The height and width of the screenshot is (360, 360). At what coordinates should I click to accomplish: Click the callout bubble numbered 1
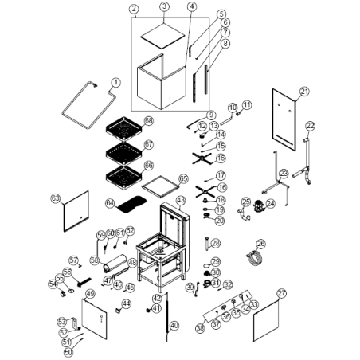[x=115, y=81]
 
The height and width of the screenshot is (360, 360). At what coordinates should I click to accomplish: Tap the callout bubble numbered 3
[x=163, y=7]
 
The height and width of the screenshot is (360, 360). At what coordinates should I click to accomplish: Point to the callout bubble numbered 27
[x=302, y=292]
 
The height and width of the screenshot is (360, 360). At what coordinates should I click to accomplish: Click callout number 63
[x=56, y=197]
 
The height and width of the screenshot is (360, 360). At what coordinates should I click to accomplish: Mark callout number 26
[x=260, y=244]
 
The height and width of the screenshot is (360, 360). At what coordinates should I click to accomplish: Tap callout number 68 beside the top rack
[x=148, y=120]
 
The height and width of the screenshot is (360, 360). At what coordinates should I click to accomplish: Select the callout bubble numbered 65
[x=183, y=178]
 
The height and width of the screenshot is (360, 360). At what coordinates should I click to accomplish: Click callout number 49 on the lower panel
[x=90, y=294]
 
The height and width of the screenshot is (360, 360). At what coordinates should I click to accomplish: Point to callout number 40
[x=175, y=326]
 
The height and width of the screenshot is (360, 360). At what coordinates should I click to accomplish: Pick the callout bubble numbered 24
[x=270, y=204]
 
